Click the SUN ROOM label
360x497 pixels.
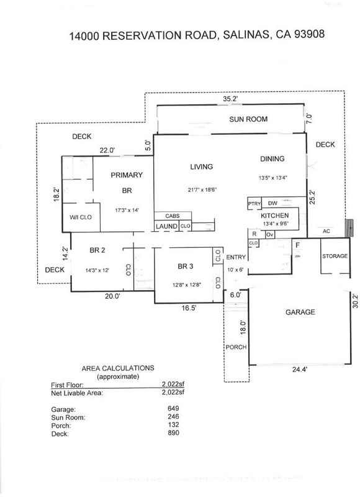pyautogui.click(x=248, y=119)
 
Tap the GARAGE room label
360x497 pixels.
pyautogui.click(x=300, y=312)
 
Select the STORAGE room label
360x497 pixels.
pyautogui.click(x=335, y=256)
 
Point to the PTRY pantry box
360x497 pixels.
pyautogui.click(x=254, y=204)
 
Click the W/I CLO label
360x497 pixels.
pyautogui.click(x=81, y=217)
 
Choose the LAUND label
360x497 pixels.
pyautogui.click(x=166, y=226)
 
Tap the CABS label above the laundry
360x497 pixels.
pyautogui.click(x=173, y=216)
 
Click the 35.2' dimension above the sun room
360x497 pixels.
pyautogui.click(x=230, y=99)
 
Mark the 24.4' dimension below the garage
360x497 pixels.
pyautogui.click(x=300, y=369)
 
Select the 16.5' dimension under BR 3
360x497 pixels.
pyautogui.click(x=189, y=308)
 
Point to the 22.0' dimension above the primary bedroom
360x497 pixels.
pyautogui.click(x=107, y=150)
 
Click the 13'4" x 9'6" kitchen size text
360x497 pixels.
pyautogui.click(x=276, y=224)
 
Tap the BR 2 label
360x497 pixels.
pyautogui.click(x=97, y=250)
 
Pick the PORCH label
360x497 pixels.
pyautogui.click(x=236, y=347)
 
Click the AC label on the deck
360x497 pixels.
pyautogui.click(x=326, y=231)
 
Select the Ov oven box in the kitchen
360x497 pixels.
pyautogui.click(x=270, y=235)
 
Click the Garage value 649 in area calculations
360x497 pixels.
pyautogui.click(x=173, y=408)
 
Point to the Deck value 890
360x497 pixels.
pyautogui.click(x=173, y=433)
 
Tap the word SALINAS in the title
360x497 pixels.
pyautogui.click(x=246, y=35)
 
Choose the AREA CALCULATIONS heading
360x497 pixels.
pyautogui.click(x=118, y=368)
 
